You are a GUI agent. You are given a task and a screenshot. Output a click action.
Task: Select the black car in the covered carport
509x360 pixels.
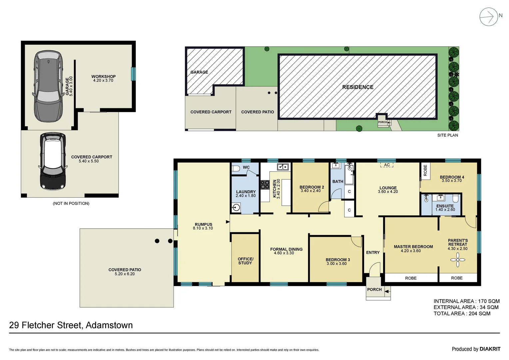[x=53, y=161]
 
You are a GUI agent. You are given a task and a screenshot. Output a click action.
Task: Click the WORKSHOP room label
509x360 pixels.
[x=103, y=77]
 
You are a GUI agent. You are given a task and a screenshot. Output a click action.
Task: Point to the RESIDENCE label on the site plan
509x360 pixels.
[x=357, y=87]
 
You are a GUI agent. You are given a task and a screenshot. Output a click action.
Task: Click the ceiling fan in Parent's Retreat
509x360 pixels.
[x=458, y=260]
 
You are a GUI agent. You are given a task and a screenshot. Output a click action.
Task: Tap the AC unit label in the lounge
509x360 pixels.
[x=387, y=165]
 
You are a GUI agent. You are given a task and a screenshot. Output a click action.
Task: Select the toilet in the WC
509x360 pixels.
[x=236, y=168]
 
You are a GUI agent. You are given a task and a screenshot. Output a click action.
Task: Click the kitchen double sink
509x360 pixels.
[x=283, y=167]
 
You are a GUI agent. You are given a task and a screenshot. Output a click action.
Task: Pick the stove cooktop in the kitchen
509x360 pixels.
[x=265, y=185]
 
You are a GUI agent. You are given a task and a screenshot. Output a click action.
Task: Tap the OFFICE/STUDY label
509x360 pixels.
[x=246, y=261]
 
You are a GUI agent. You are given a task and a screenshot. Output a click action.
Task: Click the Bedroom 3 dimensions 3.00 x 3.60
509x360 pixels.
[x=336, y=264]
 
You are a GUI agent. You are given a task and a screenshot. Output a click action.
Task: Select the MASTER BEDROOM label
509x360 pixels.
[x=413, y=247]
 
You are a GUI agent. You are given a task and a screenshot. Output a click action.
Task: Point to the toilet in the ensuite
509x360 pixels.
[x=456, y=199]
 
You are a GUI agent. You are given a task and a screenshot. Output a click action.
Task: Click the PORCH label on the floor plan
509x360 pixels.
[x=374, y=289]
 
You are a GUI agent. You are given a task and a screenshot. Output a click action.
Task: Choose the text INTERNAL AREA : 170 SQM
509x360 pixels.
[x=466, y=301]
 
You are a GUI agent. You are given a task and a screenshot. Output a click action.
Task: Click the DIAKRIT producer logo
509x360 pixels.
[x=490, y=349]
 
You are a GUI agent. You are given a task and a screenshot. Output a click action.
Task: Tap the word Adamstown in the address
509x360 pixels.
[x=109, y=325]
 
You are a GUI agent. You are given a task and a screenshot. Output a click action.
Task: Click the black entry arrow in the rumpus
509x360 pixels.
[x=228, y=222]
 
